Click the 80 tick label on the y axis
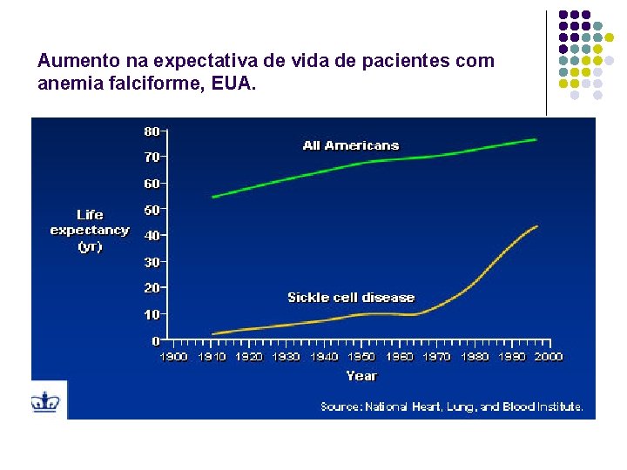point(152,131)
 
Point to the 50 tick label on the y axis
point(152,210)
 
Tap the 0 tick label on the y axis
point(156,340)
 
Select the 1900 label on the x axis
point(173,357)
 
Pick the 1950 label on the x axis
point(361,357)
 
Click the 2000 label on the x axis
point(549,357)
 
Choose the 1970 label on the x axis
point(437,357)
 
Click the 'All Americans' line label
point(351,145)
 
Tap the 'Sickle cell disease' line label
point(351,298)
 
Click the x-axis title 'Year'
point(361,376)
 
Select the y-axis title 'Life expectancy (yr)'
point(90,230)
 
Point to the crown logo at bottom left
point(44,401)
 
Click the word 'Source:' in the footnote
point(340,406)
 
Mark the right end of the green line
point(536,139)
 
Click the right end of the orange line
point(537,226)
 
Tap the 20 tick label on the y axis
point(152,288)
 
